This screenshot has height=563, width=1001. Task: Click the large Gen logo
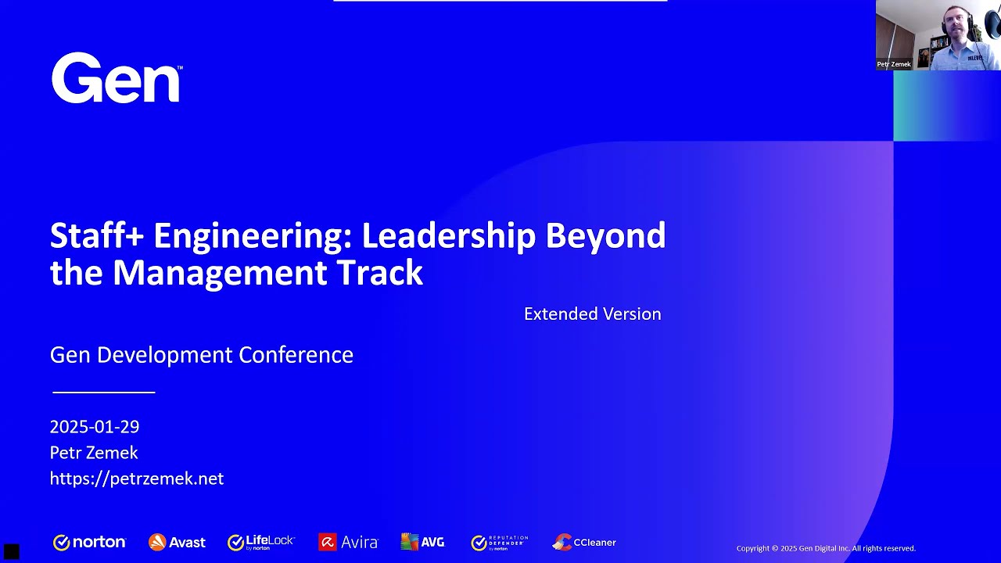click(117, 78)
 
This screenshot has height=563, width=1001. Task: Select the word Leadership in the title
click(448, 235)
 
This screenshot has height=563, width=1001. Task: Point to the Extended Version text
click(592, 314)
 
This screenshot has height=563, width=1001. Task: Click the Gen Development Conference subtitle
click(201, 355)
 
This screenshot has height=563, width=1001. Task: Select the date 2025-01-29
click(95, 427)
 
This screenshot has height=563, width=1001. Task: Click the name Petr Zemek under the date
click(94, 453)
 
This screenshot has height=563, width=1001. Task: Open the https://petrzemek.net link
click(137, 479)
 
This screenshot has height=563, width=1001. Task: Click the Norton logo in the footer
click(89, 542)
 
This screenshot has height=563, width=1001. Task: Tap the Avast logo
click(177, 542)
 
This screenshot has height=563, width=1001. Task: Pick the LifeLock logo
click(260, 542)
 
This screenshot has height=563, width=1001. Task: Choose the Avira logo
click(348, 542)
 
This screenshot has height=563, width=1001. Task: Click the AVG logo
click(422, 542)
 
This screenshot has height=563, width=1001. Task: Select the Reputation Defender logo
click(500, 542)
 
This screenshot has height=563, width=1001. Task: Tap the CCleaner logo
click(584, 542)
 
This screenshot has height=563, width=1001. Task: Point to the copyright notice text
click(825, 548)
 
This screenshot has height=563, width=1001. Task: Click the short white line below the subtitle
click(103, 392)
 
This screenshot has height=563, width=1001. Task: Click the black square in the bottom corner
click(11, 552)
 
